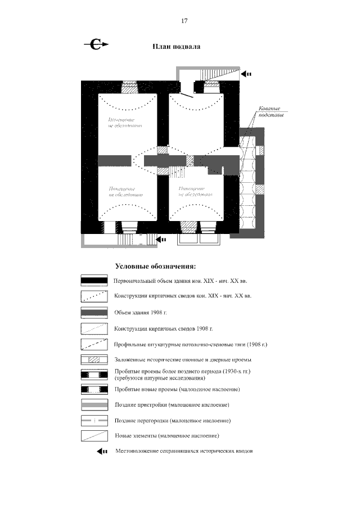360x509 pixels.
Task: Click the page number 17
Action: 184,21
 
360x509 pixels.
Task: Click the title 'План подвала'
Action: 177,47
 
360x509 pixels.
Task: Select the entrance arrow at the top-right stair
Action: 246,74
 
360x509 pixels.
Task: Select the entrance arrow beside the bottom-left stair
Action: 161,239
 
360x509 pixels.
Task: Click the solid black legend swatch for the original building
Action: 93,280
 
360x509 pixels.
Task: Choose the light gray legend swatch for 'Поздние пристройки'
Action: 93,404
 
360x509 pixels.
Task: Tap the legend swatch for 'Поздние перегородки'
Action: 93,420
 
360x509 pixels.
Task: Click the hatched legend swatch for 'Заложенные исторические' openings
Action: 93,359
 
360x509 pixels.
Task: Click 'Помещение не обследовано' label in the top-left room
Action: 125,123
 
